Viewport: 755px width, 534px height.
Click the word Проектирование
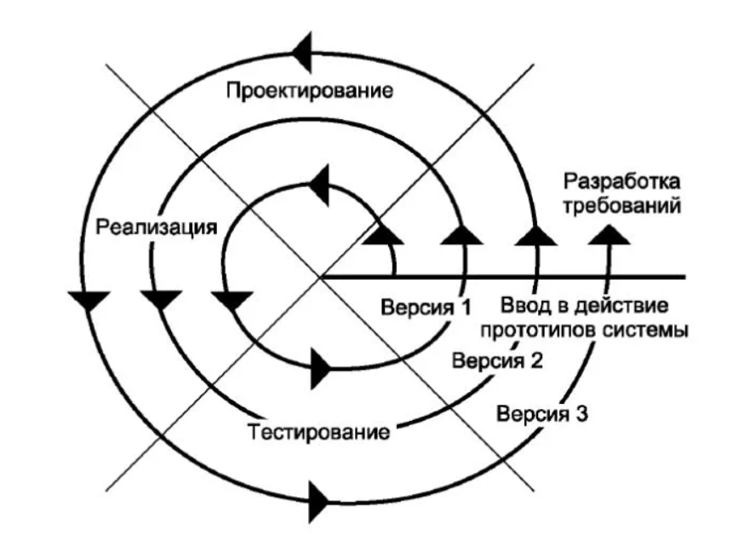(x=309, y=90)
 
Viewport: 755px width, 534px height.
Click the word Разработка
(x=623, y=182)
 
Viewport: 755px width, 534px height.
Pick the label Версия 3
(x=543, y=416)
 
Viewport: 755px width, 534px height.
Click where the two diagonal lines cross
(x=321, y=276)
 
